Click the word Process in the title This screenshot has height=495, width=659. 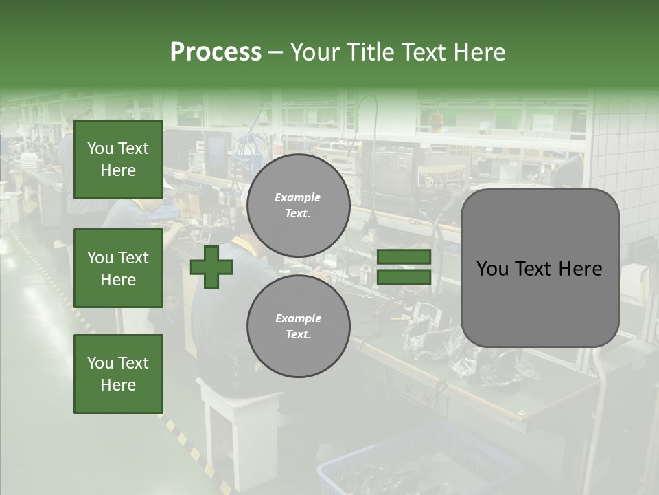tap(216, 52)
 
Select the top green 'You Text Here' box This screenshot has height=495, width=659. tap(118, 159)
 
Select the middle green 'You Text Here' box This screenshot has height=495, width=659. tap(118, 268)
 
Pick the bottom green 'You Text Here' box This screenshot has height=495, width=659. tap(118, 374)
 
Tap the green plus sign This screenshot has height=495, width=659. tap(211, 267)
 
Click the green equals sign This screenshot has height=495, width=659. tap(404, 267)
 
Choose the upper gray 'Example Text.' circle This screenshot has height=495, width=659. tap(298, 206)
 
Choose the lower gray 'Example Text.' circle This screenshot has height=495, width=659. tap(298, 326)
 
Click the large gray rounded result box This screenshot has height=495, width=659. tap(540, 268)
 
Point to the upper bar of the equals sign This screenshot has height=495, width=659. tap(404, 257)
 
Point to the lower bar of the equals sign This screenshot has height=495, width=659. tap(404, 276)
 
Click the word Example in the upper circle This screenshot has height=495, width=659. tap(298, 197)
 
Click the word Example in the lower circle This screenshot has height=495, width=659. tap(298, 318)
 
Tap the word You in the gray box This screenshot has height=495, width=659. tap(492, 269)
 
